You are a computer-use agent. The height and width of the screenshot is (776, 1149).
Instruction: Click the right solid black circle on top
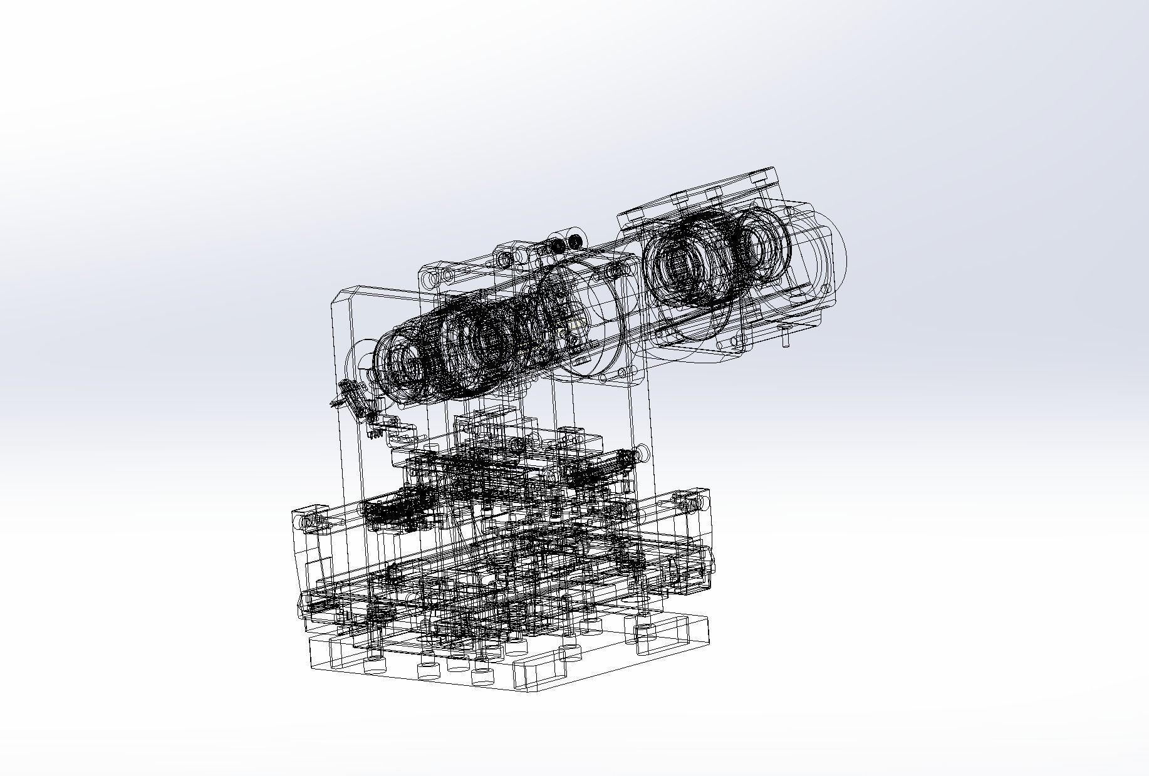click(x=573, y=241)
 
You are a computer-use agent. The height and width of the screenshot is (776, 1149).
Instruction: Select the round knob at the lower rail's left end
click(x=307, y=522)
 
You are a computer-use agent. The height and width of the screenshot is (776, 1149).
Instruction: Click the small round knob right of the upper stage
click(x=642, y=452)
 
